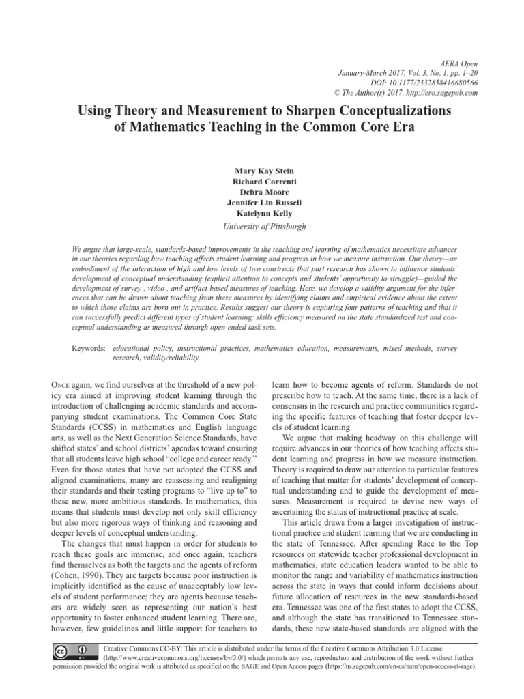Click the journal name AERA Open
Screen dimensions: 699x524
(458, 62)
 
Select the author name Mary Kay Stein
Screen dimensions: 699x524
(261, 171)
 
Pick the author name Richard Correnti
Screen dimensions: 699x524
(261, 181)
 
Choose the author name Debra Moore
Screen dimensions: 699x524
(261, 192)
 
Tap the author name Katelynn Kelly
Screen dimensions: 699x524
(261, 213)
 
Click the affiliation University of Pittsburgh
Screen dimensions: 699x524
(261, 226)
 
